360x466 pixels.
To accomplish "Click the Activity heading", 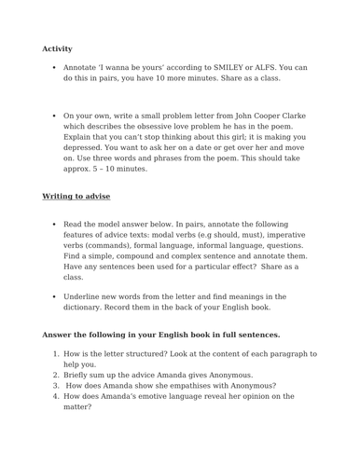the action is point(57,48).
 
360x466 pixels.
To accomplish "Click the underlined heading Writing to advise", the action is point(76,197).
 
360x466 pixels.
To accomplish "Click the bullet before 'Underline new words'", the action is point(55,296).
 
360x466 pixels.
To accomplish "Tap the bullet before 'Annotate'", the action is point(55,68).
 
